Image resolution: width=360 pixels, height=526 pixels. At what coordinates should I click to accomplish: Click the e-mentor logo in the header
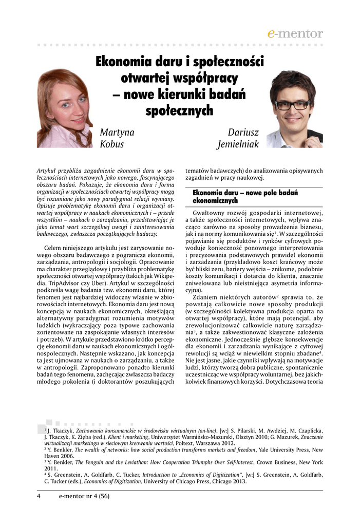click(x=295, y=34)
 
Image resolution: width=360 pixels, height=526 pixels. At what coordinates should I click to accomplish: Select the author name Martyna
click(x=117, y=132)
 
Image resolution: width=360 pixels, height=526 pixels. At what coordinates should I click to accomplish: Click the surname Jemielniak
click(x=238, y=144)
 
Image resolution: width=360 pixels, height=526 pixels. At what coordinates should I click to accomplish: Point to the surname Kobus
click(x=112, y=144)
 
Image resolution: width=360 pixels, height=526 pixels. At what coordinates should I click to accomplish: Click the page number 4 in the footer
click(x=39, y=496)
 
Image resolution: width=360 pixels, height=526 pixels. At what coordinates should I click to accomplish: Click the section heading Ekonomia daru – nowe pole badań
click(x=245, y=193)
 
